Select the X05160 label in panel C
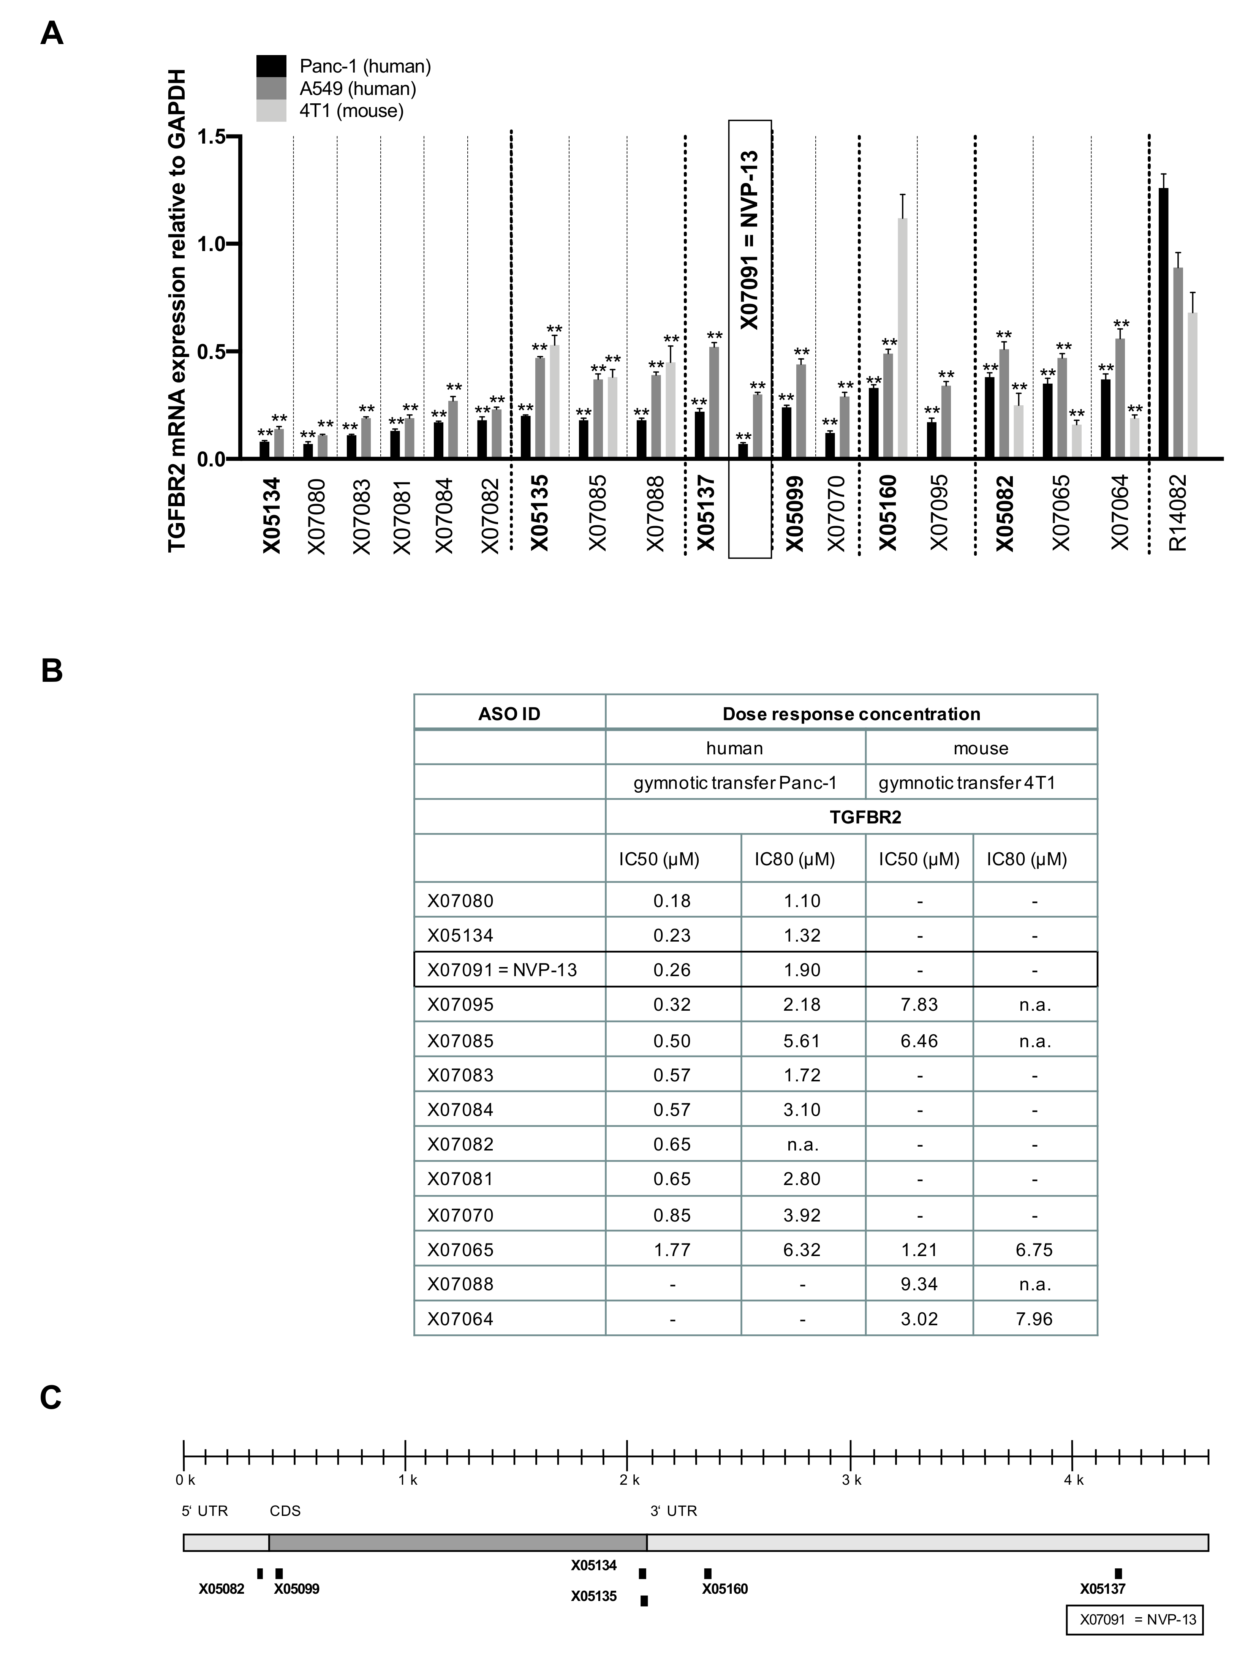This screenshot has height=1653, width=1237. (724, 1589)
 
